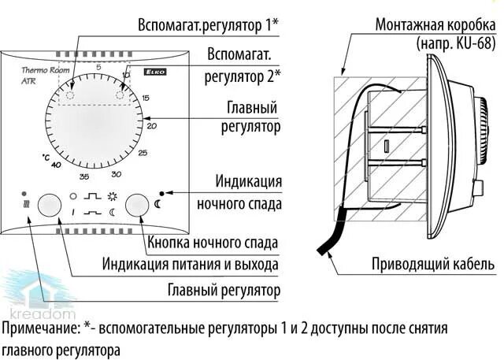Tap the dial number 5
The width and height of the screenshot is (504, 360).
(x=98, y=69)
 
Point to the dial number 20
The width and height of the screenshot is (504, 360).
(x=152, y=125)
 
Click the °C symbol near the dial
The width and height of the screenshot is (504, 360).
(x=45, y=158)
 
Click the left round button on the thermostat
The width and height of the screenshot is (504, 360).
(x=50, y=204)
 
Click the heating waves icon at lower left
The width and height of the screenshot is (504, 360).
(x=27, y=206)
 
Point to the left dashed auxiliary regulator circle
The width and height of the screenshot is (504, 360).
(x=69, y=95)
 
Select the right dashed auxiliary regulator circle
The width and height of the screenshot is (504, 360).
(x=122, y=96)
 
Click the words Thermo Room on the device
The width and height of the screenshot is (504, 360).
(x=40, y=71)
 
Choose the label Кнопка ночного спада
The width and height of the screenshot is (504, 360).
(x=214, y=241)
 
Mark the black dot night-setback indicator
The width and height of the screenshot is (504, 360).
(x=162, y=192)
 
